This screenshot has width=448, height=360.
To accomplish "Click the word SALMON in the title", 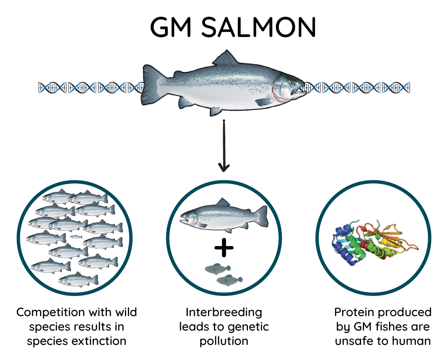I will click(259, 28).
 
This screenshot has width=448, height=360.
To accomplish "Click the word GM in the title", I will click(171, 28).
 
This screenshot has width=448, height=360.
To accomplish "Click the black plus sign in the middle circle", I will click(224, 248).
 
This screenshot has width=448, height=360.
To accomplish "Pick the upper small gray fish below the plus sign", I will click(218, 268).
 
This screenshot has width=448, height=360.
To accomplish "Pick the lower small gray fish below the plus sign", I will click(229, 280).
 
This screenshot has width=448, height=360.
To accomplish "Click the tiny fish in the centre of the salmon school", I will click(76, 237).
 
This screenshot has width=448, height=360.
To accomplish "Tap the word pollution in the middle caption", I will click(224, 341).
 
